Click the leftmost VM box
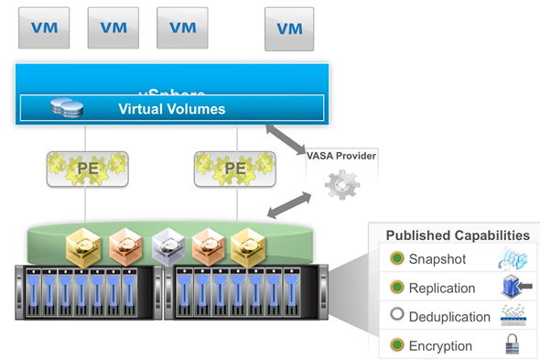pos(44,27)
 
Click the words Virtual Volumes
pos(171,108)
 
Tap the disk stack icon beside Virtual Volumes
pos(67,108)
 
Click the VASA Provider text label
pos(341,157)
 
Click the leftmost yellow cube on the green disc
pos(82,243)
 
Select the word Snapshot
pos(437,259)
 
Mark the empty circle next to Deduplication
pos(396,317)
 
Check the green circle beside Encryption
pos(396,346)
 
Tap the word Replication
pos(442,289)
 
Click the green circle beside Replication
pos(396,288)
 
